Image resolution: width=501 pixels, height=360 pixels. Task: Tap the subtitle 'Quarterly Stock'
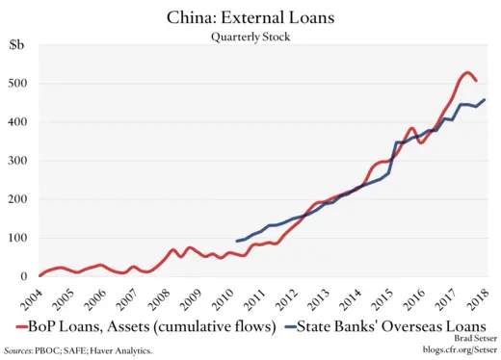(250, 37)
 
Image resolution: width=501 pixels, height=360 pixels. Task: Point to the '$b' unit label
(18, 44)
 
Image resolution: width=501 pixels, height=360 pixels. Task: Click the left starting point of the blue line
(237, 241)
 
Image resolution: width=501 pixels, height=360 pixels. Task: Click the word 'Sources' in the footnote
(18, 351)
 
